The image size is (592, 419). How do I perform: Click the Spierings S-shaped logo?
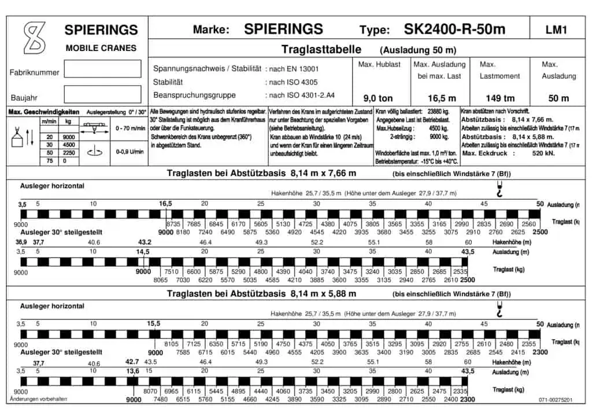(34, 38)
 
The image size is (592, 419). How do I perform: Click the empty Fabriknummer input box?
(102, 69)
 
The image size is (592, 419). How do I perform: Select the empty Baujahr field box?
(102, 94)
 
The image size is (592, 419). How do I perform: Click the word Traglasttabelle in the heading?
(321, 50)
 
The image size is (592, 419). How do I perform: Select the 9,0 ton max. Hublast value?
(378, 98)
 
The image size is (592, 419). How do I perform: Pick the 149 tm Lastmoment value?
(501, 98)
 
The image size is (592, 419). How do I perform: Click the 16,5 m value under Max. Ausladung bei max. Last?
(442, 98)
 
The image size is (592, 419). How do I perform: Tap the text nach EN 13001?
(294, 68)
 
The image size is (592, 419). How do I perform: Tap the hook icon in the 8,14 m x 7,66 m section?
(499, 189)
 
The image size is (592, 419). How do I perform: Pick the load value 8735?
(174, 223)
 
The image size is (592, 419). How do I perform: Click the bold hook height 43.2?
(145, 242)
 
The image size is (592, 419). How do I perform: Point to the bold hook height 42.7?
(133, 361)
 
